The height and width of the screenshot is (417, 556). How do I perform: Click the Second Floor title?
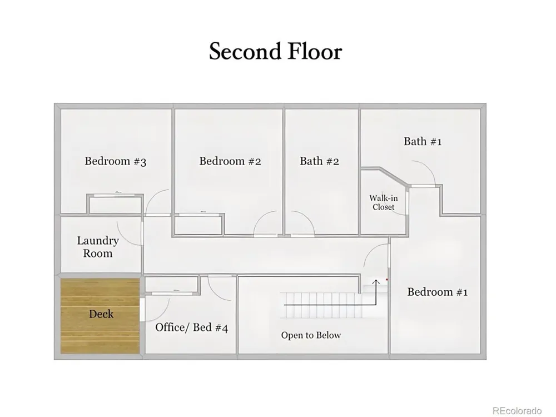point(276,51)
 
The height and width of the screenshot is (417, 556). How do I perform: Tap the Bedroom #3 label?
point(116,161)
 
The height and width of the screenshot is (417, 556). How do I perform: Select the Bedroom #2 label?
point(230,161)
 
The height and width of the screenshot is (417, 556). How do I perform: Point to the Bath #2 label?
point(320,161)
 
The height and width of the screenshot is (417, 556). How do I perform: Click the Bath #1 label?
point(423,141)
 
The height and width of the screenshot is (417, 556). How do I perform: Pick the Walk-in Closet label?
point(383,202)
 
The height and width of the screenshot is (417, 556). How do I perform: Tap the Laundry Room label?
point(98,247)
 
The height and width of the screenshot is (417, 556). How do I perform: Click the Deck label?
point(101,314)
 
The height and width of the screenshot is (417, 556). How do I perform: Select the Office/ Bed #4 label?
point(191,327)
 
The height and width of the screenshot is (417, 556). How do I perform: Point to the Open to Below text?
point(311,335)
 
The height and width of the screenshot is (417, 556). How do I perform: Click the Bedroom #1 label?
point(438,292)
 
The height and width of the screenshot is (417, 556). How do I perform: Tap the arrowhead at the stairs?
point(376,282)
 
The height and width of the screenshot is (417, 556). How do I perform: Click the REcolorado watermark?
point(517,410)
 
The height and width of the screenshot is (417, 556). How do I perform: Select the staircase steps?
point(321,305)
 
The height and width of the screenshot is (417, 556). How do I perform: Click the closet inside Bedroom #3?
point(115,204)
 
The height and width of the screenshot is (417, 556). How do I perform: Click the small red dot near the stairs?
point(387,280)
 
